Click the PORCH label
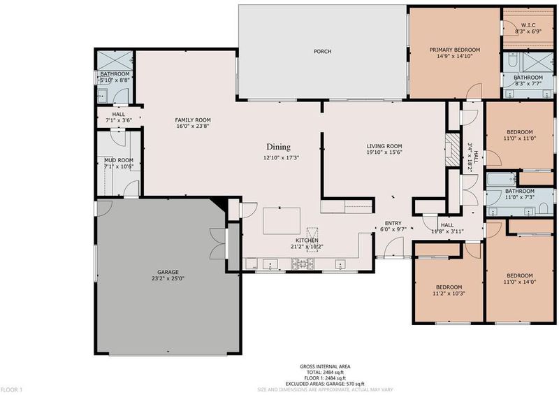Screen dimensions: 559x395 point(322,51)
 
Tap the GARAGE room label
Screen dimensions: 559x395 point(168,272)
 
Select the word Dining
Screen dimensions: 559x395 point(278,147)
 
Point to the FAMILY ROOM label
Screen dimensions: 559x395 point(193,120)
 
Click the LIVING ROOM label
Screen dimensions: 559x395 point(384,146)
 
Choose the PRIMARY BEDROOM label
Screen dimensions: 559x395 point(455,50)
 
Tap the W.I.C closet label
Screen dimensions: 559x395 point(528,25)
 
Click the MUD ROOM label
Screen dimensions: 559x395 point(119,160)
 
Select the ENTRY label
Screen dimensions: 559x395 point(393,223)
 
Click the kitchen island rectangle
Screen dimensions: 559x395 point(282,221)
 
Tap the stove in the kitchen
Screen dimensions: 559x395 point(303,264)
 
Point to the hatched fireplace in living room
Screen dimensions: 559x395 point(452,150)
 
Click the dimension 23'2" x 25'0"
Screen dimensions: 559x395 point(168,279)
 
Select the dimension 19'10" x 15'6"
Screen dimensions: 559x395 point(384,152)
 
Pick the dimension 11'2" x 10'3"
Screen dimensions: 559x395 point(449,294)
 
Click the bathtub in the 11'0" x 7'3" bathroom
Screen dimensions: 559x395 point(502,179)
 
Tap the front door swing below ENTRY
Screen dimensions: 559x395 point(393,247)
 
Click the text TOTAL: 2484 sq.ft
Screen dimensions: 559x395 point(325,372)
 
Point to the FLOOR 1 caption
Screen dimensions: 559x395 point(11,389)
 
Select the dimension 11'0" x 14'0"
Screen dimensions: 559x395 point(520,282)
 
